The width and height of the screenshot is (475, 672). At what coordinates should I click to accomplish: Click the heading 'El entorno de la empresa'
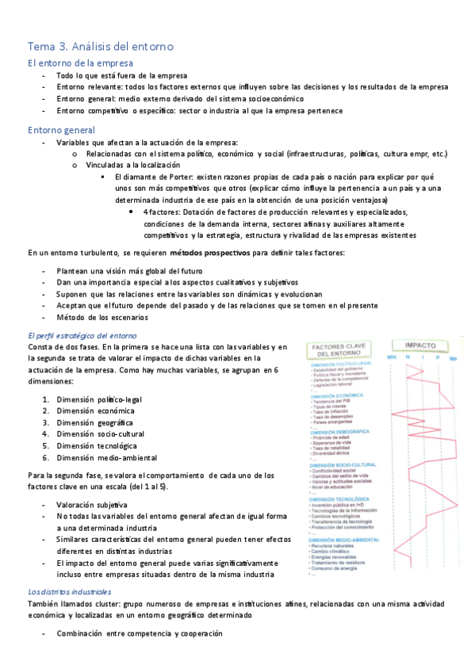(80, 63)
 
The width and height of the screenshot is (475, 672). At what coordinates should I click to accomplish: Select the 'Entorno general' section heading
(61, 129)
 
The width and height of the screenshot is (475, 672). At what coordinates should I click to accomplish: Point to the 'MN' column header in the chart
(391, 359)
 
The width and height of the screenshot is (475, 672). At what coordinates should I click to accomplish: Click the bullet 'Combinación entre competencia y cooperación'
(139, 633)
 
